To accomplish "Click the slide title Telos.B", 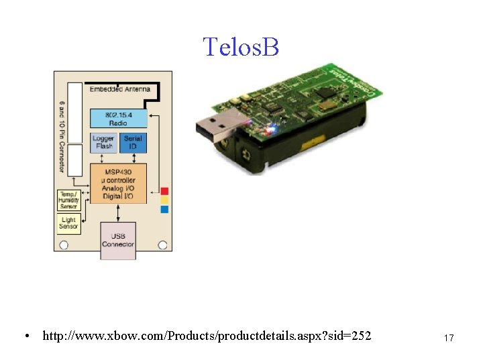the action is point(240,47).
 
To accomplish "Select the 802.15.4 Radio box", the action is point(118,118).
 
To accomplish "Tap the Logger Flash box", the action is point(103,142).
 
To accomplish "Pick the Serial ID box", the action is point(133,142).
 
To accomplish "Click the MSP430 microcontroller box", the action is point(118,184).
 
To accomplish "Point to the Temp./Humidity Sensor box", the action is point(68,200).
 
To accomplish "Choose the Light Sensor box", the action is point(68,223).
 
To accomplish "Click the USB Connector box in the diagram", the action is point(118,239).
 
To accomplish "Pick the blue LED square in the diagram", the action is point(164,209).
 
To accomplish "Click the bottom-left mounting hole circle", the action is point(64,245).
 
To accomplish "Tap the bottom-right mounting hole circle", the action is point(162,245).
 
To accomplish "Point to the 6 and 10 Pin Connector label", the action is point(63,137).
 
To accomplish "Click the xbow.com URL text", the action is point(207,335).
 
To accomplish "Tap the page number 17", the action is point(449,338).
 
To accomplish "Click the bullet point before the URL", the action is point(25,335).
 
